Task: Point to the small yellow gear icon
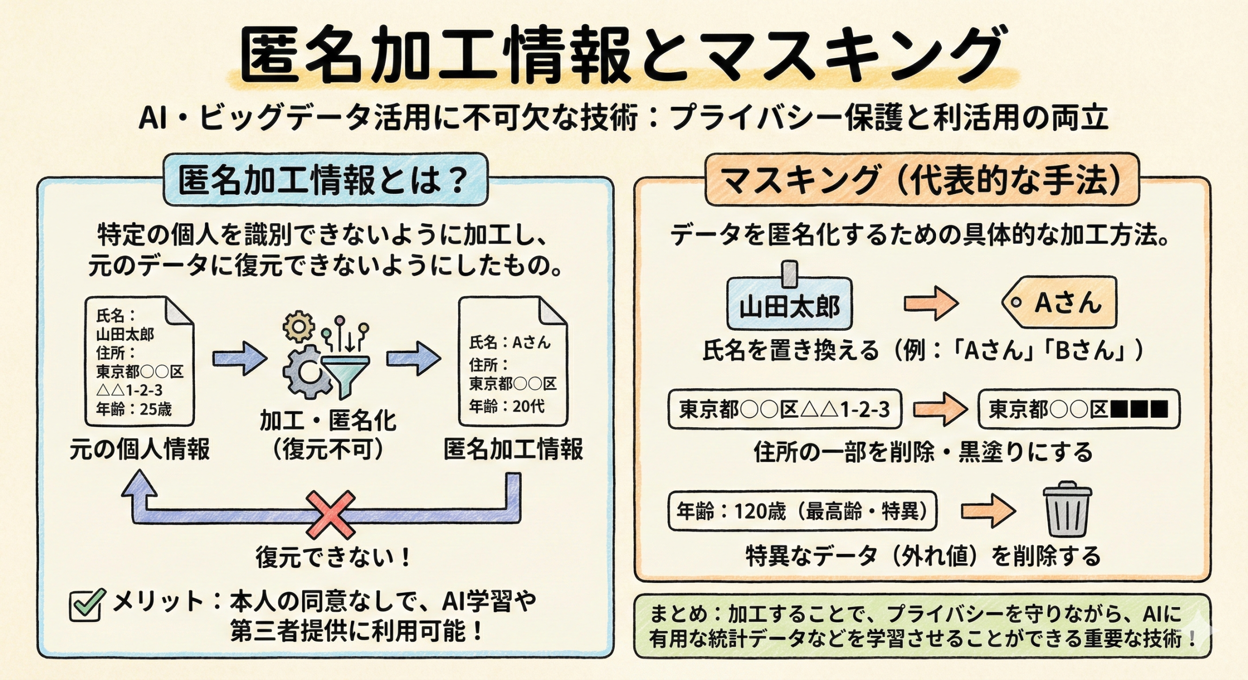point(298,325)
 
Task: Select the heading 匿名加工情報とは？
point(324,180)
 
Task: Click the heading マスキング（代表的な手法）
point(921,180)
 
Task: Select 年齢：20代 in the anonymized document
point(507,406)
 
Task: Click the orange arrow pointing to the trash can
point(988,511)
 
